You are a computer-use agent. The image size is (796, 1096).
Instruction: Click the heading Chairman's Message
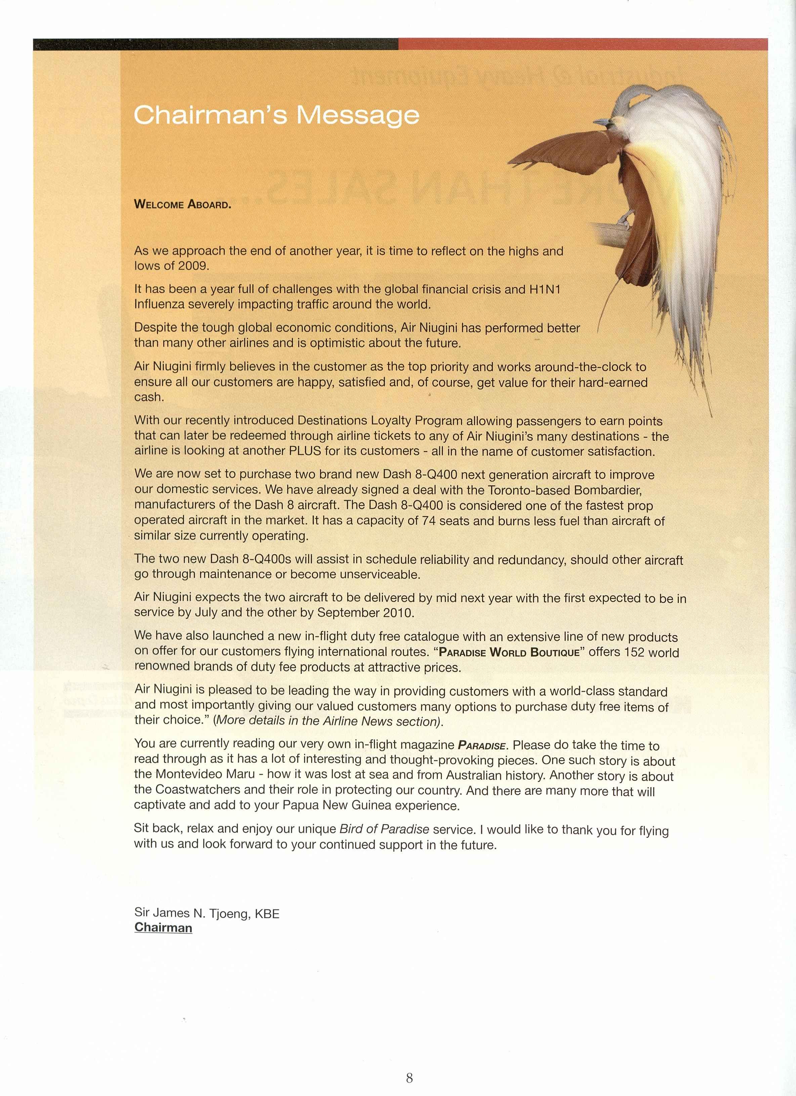point(276,115)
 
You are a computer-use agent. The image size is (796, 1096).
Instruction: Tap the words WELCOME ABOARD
point(182,204)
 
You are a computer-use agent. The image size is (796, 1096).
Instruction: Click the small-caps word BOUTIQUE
point(555,652)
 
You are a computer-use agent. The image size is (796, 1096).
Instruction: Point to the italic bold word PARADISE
point(481,746)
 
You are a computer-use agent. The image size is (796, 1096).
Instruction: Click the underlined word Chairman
point(163,927)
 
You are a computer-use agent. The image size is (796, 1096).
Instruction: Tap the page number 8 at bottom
point(409,1078)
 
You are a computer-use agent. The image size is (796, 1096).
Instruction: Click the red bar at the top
point(583,44)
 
